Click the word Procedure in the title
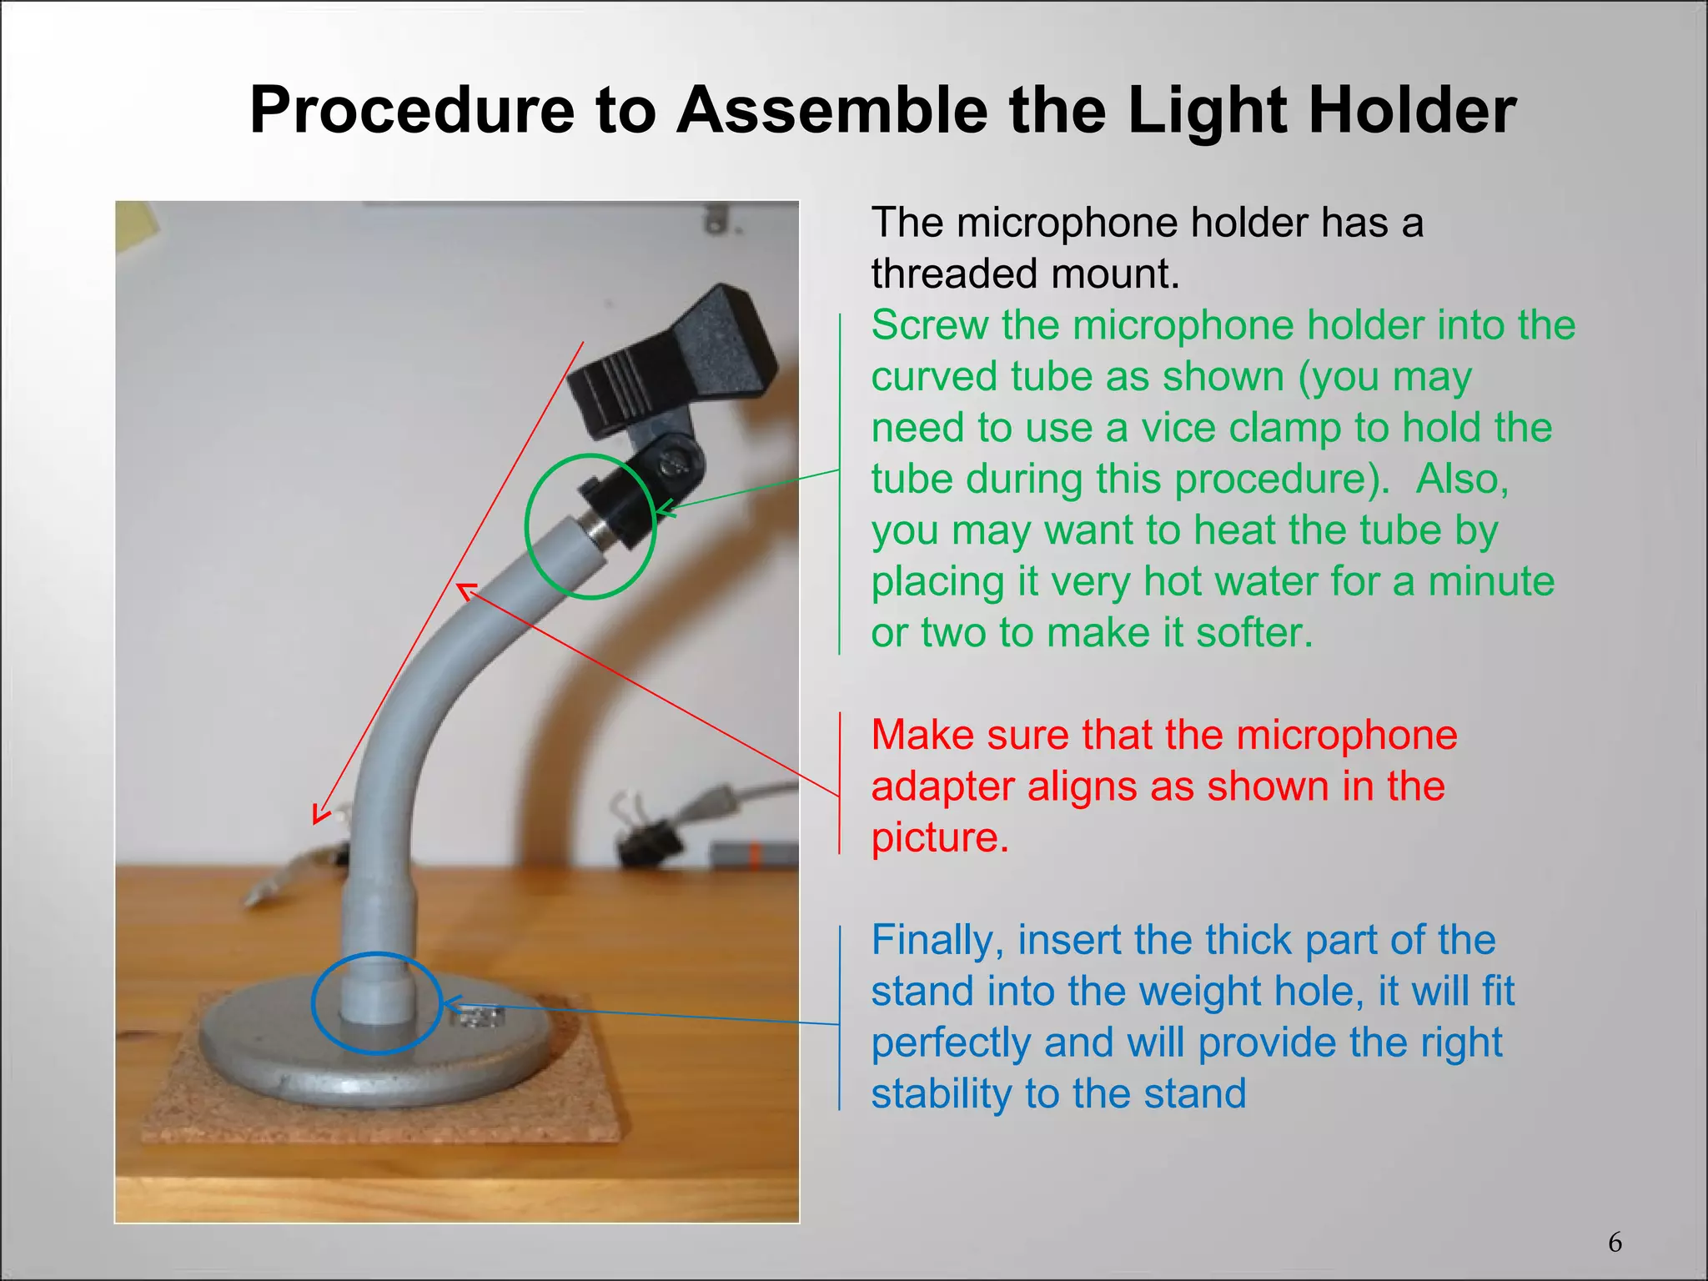point(412,111)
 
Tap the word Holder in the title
point(1412,111)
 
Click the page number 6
point(1615,1243)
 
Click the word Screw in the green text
point(929,325)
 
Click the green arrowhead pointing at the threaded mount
point(663,508)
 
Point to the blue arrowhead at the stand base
point(451,1004)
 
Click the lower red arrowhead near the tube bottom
point(319,814)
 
